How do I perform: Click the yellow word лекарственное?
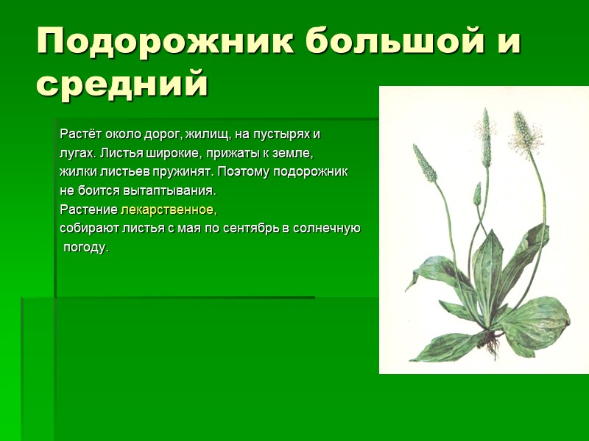tap(169, 209)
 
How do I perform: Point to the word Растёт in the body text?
tap(80, 136)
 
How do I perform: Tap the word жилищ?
tap(210, 136)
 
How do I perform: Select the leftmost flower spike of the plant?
tap(424, 163)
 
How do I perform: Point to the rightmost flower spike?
tap(523, 132)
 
